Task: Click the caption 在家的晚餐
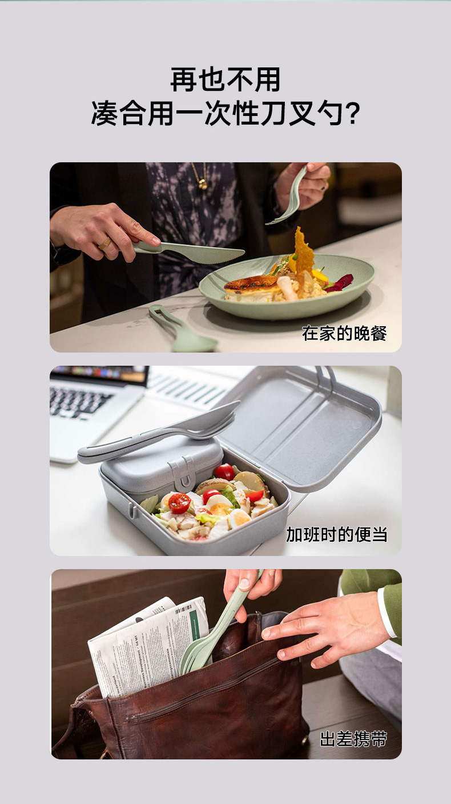(x=344, y=334)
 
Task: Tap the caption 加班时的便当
(x=336, y=535)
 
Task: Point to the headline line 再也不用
(x=225, y=79)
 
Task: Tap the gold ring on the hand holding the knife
(x=105, y=243)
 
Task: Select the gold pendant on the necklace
(x=203, y=184)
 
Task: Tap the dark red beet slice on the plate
(x=341, y=282)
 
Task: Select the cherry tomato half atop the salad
(x=179, y=503)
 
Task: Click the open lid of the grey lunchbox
(x=301, y=426)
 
